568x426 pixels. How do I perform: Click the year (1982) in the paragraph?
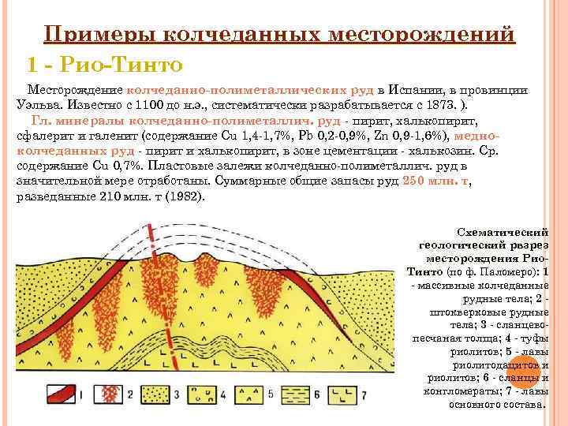(183, 195)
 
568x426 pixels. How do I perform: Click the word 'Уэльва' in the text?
(37, 107)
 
